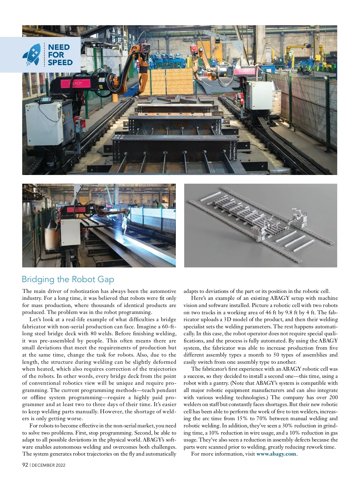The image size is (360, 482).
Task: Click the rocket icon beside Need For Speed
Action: pyautogui.click(x=31, y=55)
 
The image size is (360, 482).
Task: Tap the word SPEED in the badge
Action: pyautogui.click(x=60, y=62)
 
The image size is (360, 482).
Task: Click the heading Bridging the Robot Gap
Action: pyautogui.click(x=68, y=279)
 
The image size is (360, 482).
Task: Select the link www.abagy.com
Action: pyautogui.click(x=276, y=454)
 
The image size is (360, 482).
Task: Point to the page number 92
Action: pyautogui.click(x=25, y=465)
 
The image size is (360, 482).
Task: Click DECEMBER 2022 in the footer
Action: pyautogui.click(x=49, y=465)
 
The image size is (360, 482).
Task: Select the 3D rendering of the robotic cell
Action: pyautogui.click(x=260, y=225)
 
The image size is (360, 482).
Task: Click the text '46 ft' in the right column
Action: pyautogui.click(x=271, y=312)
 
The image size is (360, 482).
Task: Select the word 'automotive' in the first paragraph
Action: pyautogui.click(x=163, y=291)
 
